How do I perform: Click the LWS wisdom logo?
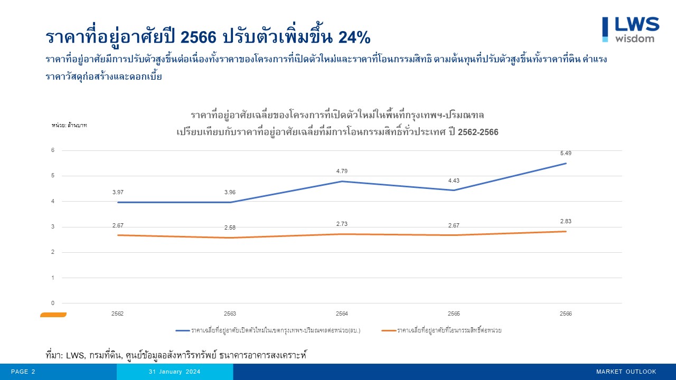631,29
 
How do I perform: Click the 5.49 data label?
566,153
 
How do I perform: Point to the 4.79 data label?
342,171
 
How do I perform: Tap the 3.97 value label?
118,192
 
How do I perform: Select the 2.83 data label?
566,221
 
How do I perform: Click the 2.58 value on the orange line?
230,227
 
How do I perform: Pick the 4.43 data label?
454,180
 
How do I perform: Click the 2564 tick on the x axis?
342,313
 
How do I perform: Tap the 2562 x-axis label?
118,313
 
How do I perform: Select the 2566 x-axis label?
566,313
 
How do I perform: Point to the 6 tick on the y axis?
53,150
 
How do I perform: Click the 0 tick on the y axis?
53,303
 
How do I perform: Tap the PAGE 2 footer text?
23,372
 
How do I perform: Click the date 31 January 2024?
174,372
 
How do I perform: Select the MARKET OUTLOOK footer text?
626,372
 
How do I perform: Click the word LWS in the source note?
76,355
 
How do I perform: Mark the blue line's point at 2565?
454,190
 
